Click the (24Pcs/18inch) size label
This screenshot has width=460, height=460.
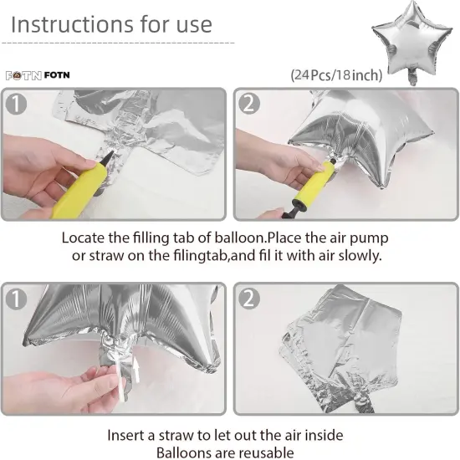[336, 75]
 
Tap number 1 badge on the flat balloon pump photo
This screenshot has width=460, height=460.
[18, 105]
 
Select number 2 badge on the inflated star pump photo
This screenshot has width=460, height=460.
[249, 105]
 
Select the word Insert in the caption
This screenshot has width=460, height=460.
[126, 436]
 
